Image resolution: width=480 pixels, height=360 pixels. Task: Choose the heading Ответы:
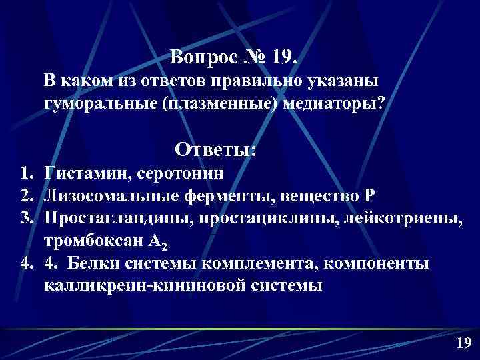tap(215, 149)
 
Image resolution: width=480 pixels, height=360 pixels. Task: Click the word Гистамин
tap(87, 173)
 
